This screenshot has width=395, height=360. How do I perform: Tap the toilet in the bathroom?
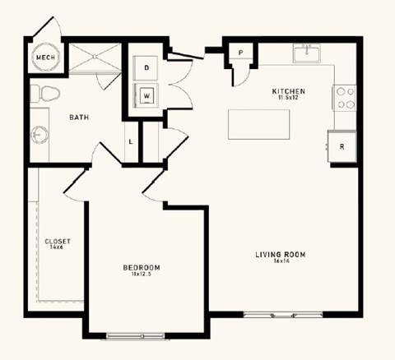[45, 94]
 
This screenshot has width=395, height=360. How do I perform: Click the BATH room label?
[79, 118]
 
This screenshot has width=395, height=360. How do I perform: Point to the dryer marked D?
[146, 67]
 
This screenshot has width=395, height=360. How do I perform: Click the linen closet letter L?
[132, 141]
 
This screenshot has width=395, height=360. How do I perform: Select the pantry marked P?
[241, 53]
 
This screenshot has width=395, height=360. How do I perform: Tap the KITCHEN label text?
[290, 90]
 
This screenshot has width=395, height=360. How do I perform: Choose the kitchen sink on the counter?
[308, 54]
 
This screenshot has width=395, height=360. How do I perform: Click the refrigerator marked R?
[342, 147]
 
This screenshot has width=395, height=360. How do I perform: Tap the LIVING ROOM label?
[280, 255]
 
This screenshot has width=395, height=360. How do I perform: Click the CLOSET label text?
[58, 241]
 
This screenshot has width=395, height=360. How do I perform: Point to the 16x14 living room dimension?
[280, 261]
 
